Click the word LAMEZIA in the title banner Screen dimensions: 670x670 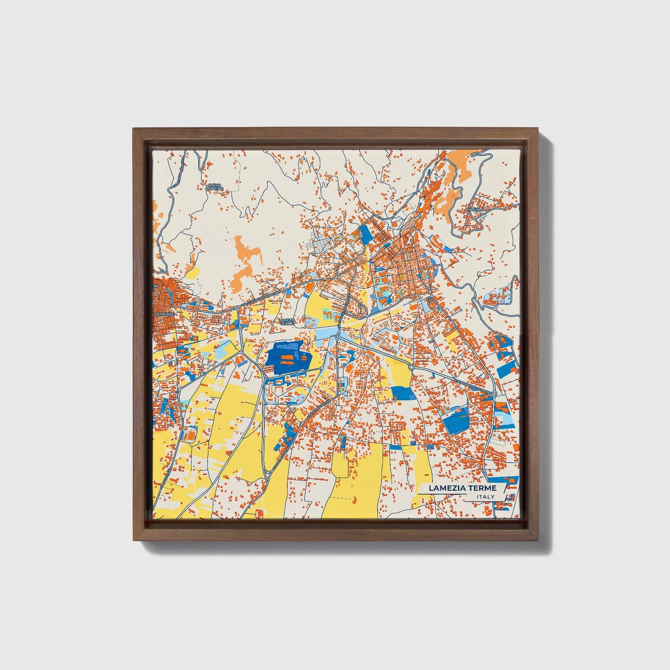(x=447, y=488)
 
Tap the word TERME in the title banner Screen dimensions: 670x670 (x=482, y=488)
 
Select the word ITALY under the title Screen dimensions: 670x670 (x=485, y=497)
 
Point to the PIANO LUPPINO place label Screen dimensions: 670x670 (x=215, y=187)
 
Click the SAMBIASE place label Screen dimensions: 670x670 (x=162, y=314)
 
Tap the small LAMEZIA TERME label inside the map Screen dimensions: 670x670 (x=287, y=321)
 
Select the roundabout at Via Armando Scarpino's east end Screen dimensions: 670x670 (x=494, y=394)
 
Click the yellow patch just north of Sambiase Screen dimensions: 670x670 (x=192, y=273)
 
